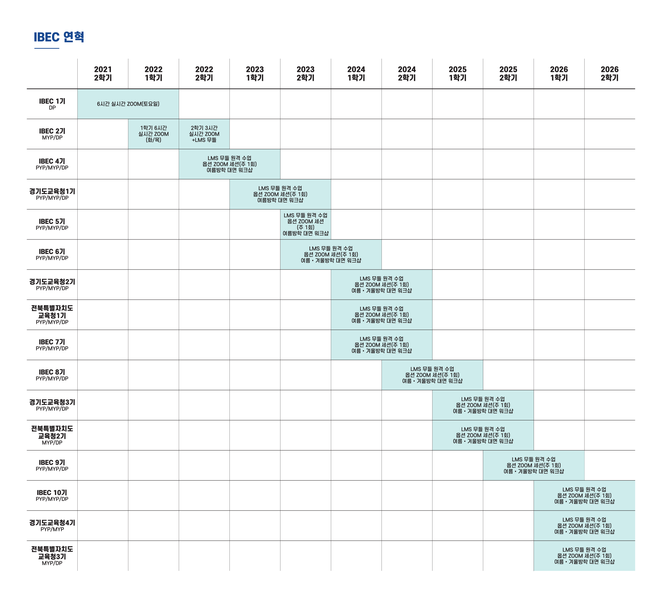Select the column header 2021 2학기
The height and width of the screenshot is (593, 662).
(103, 74)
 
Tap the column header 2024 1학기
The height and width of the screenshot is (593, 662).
(356, 74)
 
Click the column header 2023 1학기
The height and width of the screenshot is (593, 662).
(255, 74)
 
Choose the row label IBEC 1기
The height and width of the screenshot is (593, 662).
(52, 104)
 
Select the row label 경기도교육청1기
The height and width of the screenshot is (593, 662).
(52, 194)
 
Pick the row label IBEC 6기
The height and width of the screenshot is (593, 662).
(52, 254)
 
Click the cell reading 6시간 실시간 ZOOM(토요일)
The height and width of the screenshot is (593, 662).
(128, 104)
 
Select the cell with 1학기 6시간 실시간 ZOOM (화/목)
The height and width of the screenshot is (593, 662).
(154, 134)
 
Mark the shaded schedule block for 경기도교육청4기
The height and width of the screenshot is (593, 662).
(584, 526)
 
